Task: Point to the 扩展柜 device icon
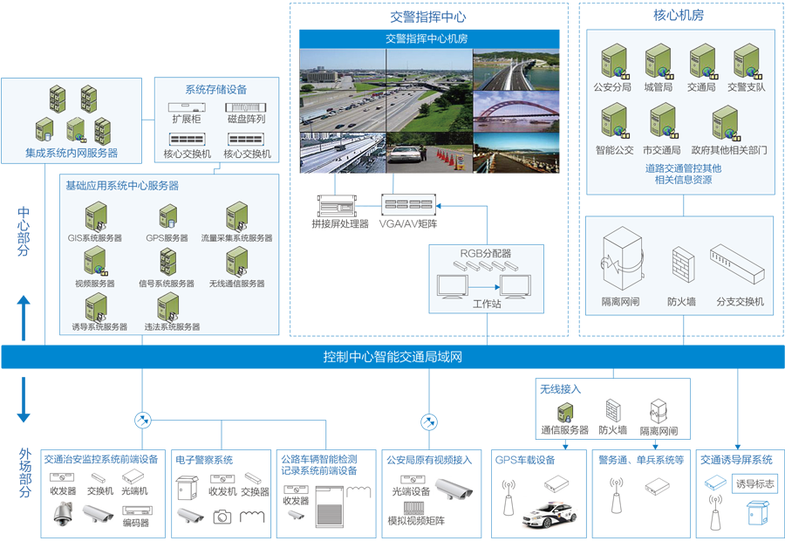pyautogui.click(x=186, y=106)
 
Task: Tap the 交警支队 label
pyautogui.click(x=746, y=87)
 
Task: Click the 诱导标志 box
pyautogui.click(x=754, y=484)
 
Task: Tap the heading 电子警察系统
pyautogui.click(x=204, y=460)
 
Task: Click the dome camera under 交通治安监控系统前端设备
pyautogui.click(x=63, y=517)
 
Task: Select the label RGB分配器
pyautogui.click(x=485, y=253)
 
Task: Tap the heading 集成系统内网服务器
pyautogui.click(x=72, y=154)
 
